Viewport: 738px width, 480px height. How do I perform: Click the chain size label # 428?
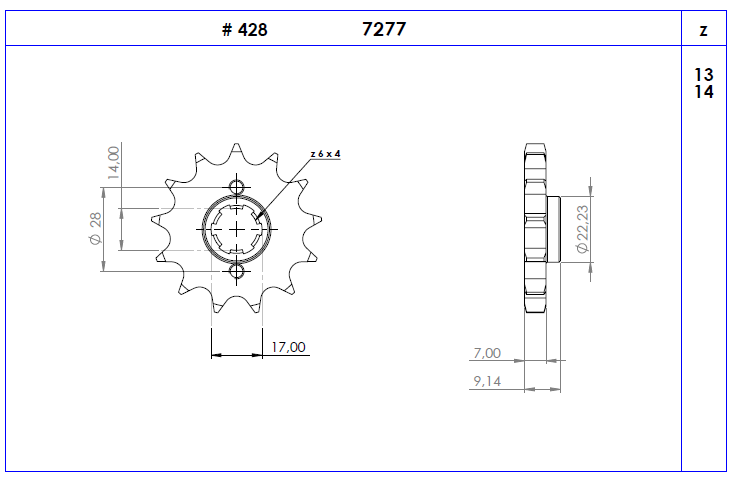click(244, 30)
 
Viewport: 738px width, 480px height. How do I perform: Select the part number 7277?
click(383, 30)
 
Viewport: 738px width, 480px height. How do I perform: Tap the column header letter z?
click(704, 31)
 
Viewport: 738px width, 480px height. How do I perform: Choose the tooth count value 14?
click(703, 92)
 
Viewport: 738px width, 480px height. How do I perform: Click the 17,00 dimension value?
click(289, 347)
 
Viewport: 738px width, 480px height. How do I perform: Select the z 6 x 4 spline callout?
click(325, 154)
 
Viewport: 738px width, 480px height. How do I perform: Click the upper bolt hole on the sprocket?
click(236, 187)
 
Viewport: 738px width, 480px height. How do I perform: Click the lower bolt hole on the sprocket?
click(236, 272)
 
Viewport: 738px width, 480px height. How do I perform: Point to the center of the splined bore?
click(236, 229)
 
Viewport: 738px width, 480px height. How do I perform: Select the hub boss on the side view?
click(554, 229)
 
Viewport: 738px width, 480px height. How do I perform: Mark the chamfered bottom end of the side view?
click(536, 308)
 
